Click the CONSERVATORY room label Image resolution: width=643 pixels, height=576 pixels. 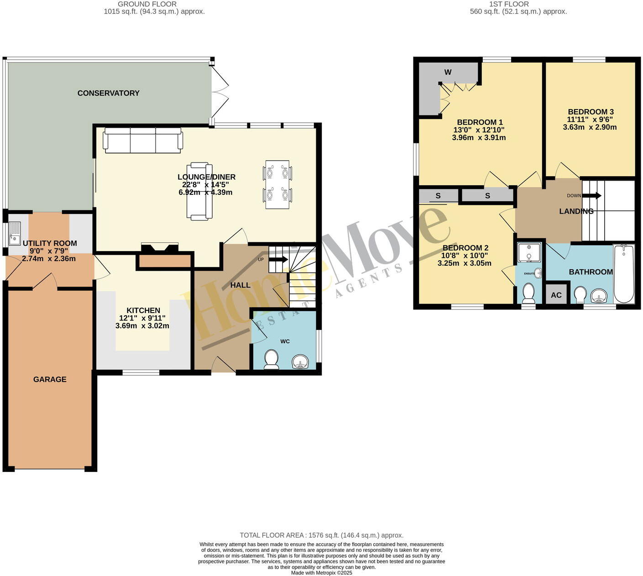[108, 93]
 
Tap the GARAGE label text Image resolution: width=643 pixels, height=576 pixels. [50, 379]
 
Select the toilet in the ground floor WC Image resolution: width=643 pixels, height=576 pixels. [272, 359]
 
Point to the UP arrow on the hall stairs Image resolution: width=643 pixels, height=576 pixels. [278, 260]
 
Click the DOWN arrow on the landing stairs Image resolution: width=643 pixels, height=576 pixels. [591, 196]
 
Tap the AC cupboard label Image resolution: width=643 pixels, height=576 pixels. [556, 295]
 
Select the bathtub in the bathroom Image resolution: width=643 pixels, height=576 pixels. [624, 274]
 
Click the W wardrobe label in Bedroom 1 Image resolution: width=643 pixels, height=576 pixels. [448, 72]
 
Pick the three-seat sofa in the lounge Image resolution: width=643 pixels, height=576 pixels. [143, 140]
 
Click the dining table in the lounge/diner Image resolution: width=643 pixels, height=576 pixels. [277, 184]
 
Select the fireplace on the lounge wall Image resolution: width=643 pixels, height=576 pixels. [160, 249]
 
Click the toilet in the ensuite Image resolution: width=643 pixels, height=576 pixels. [528, 293]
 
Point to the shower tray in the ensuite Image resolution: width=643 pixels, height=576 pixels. [529, 252]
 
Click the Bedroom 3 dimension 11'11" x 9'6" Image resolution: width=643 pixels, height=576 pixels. [590, 120]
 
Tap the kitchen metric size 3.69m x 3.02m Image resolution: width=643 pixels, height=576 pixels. [142, 326]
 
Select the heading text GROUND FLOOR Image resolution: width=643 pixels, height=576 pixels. [147, 4]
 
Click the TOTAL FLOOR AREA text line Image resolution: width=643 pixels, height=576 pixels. [321, 535]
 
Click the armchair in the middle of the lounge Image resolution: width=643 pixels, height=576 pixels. [199, 191]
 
